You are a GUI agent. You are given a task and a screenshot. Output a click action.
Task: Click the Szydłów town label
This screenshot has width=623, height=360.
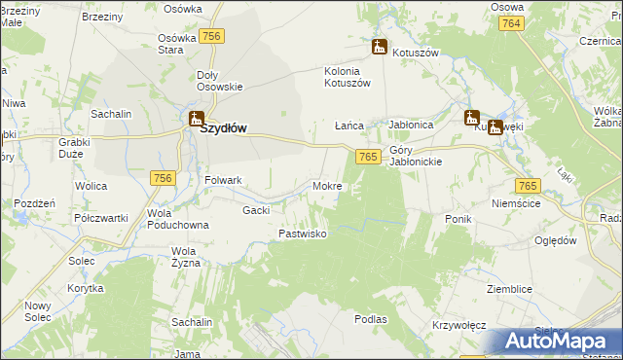[223, 126]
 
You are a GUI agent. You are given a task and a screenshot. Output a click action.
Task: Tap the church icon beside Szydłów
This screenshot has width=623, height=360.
[195, 120]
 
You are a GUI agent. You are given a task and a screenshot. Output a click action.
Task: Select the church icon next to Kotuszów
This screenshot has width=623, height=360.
[380, 46]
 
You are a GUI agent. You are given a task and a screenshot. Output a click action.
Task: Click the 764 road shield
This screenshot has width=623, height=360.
[513, 22]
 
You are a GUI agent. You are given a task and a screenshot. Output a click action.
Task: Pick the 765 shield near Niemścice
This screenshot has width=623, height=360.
[527, 186]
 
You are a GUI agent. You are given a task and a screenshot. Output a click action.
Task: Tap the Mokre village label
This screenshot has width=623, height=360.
[327, 185]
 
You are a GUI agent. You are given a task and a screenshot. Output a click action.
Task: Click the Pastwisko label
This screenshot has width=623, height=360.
[303, 234]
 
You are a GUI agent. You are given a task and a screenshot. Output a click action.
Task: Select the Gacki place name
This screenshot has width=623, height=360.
[256, 209]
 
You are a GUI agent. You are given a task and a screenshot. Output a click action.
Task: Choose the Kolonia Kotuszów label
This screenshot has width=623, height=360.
[348, 77]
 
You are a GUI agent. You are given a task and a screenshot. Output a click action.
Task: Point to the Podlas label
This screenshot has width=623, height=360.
[371, 318]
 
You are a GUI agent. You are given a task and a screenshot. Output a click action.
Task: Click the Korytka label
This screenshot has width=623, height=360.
[86, 290]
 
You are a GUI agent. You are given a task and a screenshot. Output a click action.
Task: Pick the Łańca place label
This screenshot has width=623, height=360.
[348, 126]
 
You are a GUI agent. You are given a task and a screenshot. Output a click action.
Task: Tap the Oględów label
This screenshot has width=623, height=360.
[556, 240]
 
